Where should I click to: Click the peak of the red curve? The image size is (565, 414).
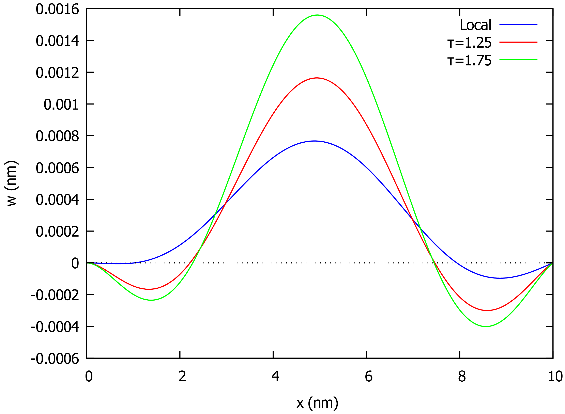317,78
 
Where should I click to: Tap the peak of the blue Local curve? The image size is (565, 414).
315,141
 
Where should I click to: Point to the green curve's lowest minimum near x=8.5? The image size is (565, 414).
486,327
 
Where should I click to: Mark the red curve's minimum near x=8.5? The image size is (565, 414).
487,310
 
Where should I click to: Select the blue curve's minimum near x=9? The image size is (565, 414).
500,278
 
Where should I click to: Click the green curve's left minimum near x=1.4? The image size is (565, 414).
151,300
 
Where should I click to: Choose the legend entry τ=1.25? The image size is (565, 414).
469,43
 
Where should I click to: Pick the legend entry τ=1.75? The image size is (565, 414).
469,60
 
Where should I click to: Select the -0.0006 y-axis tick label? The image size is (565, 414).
55,359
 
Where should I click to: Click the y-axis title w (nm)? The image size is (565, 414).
11,184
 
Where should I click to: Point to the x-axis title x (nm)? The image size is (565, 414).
317,403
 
